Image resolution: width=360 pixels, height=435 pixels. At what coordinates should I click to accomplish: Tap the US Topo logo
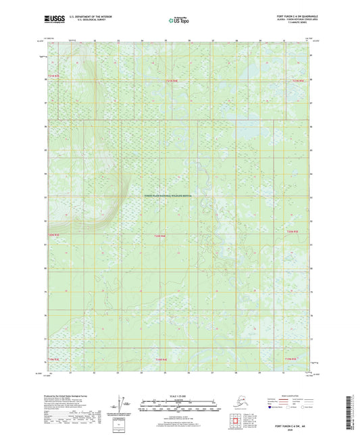click(178, 21)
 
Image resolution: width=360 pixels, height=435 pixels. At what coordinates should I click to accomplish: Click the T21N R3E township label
click(54, 76)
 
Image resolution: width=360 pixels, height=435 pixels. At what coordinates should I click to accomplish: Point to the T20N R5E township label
click(292, 232)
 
